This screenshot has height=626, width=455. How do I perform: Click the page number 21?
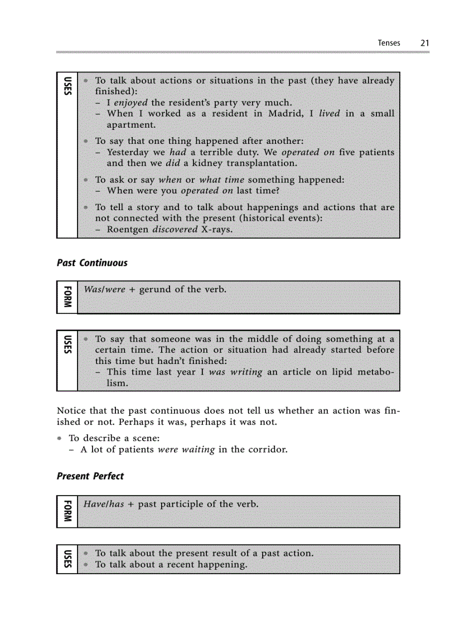tap(425, 43)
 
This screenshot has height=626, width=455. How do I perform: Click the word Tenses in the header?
tap(389, 43)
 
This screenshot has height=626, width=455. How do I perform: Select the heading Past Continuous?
tap(92, 263)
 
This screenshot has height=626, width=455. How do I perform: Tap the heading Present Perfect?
tap(90, 476)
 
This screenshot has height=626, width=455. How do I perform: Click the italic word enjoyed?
tap(131, 103)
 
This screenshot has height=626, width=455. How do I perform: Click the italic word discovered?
tap(175, 229)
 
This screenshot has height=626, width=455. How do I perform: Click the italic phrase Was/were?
tap(104, 289)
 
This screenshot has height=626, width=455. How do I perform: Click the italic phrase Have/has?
tap(103, 504)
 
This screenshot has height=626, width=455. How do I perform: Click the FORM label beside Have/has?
tap(67, 511)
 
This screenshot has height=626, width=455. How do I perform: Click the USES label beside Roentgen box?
tap(67, 85)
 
